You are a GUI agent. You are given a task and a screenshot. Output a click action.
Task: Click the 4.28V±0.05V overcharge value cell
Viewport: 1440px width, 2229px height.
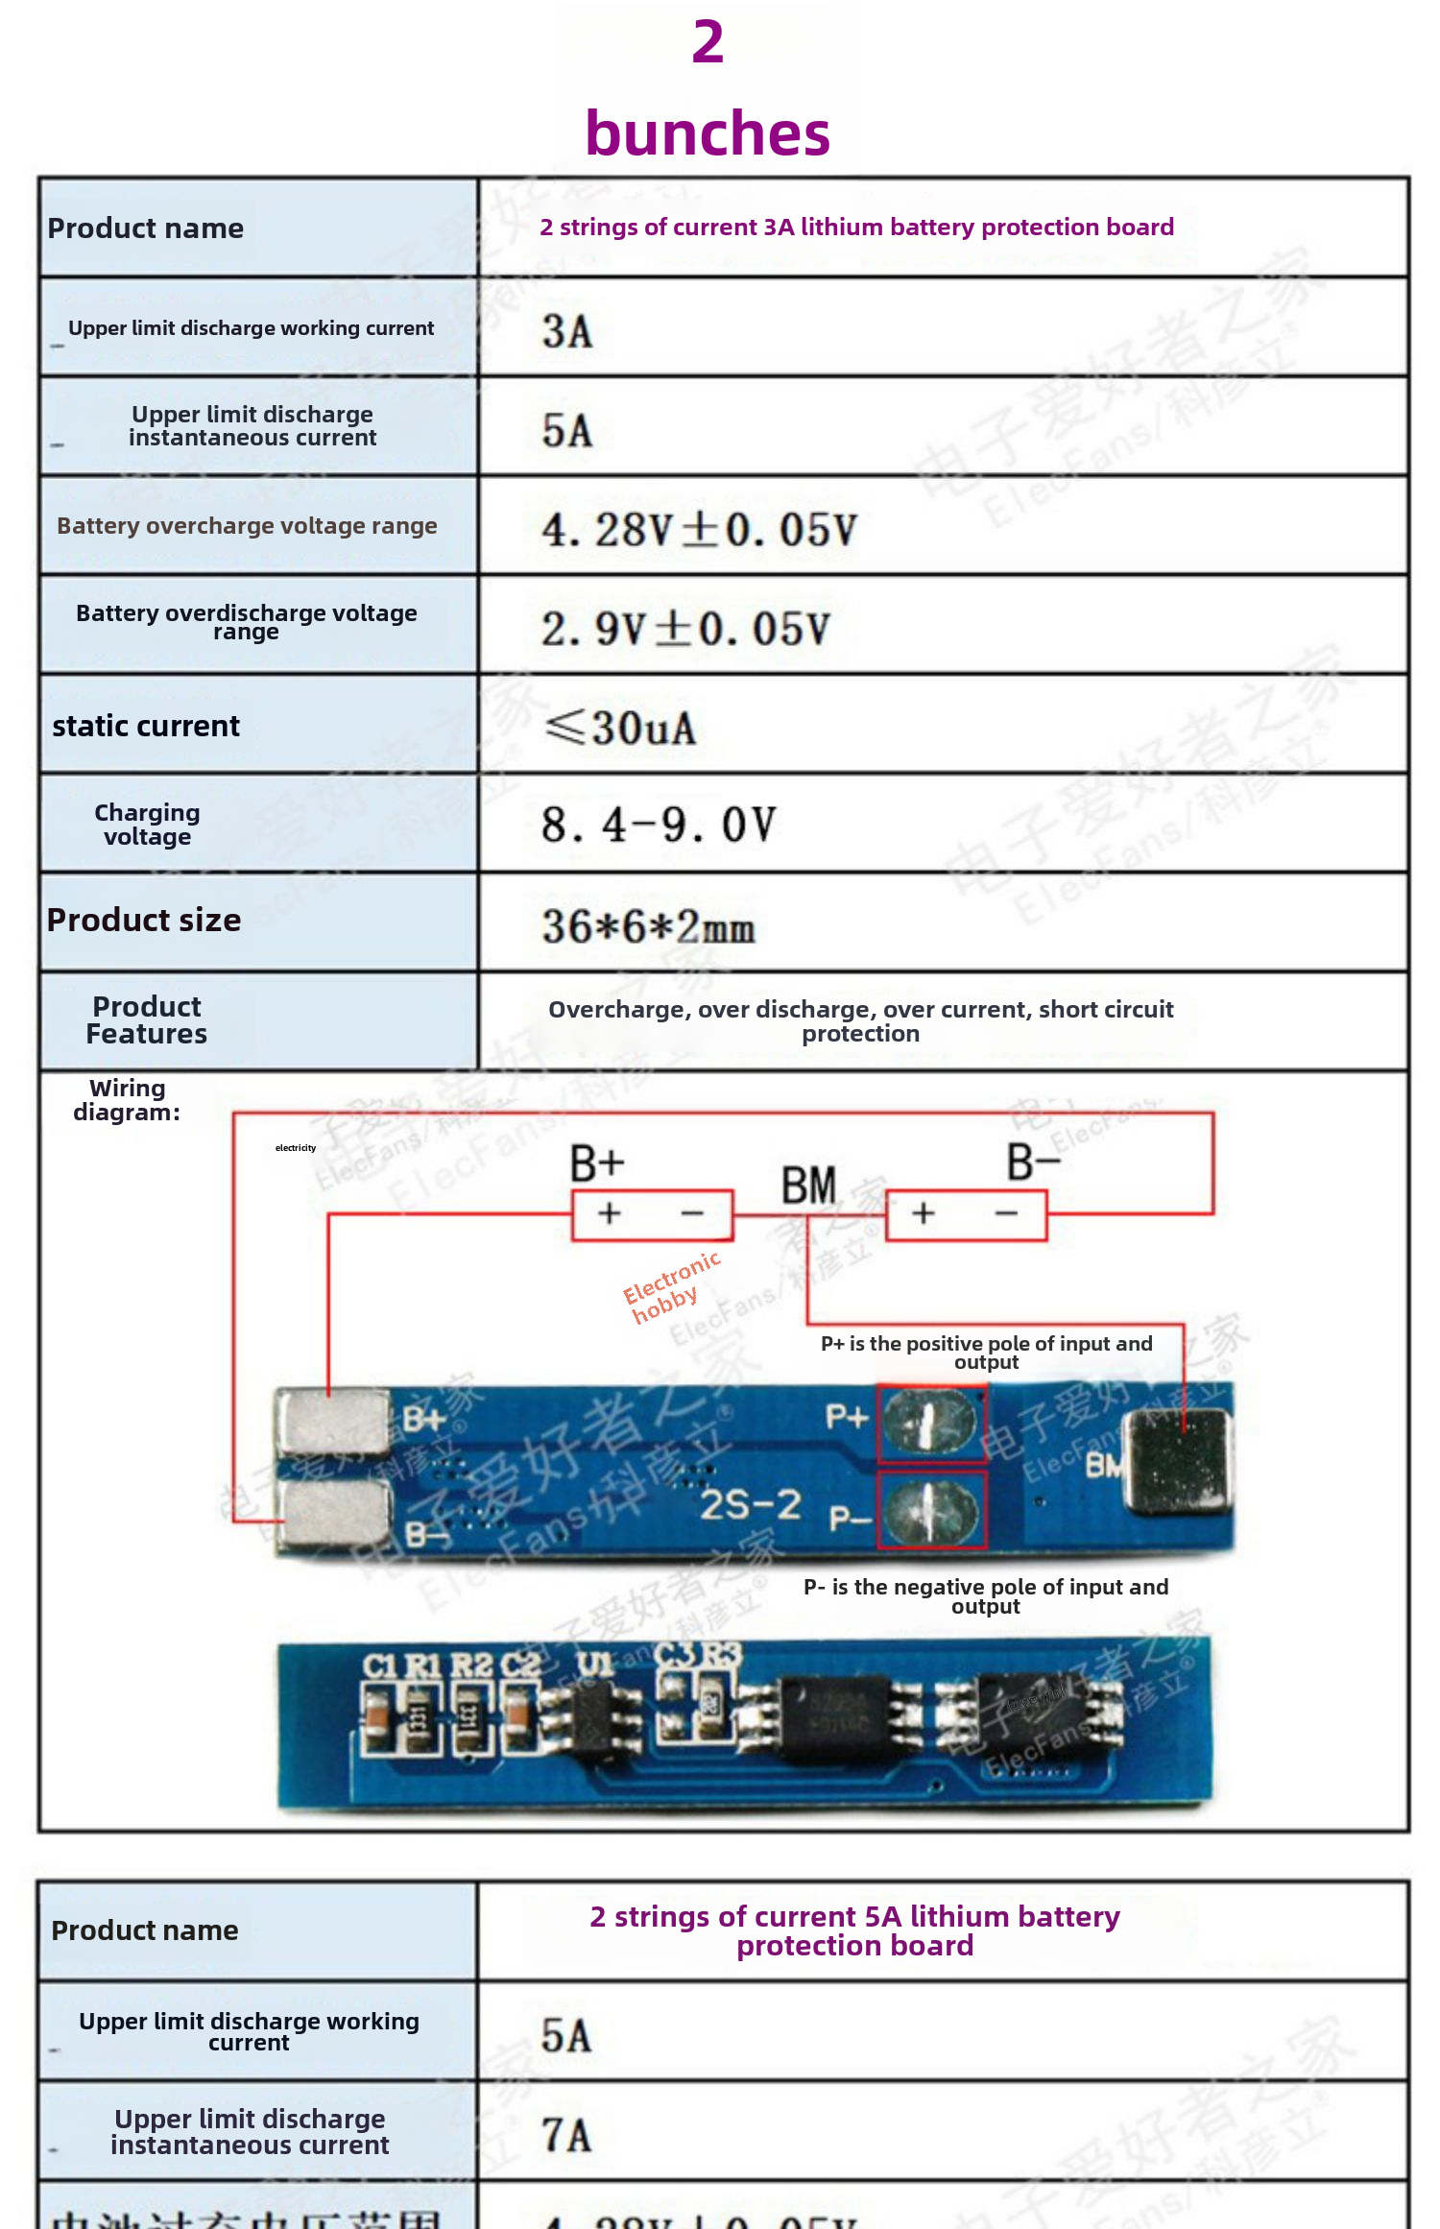(x=699, y=530)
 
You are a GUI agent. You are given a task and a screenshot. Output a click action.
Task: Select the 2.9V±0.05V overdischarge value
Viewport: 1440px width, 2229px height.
(x=685, y=630)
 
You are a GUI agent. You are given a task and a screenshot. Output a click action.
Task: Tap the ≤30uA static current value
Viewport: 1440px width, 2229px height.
(x=620, y=728)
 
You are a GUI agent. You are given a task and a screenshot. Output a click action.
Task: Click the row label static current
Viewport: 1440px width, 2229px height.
(x=146, y=726)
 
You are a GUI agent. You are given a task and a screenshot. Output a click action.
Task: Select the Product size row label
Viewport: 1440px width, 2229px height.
(x=144, y=920)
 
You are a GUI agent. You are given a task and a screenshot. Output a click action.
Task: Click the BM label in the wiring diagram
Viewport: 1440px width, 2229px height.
(x=808, y=1186)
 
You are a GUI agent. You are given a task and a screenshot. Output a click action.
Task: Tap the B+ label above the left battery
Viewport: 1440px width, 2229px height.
(x=596, y=1163)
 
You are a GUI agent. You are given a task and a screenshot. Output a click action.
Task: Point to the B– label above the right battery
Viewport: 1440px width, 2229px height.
(x=1033, y=1162)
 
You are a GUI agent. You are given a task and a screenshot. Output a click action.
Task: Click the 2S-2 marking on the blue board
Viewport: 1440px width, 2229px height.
(x=750, y=1504)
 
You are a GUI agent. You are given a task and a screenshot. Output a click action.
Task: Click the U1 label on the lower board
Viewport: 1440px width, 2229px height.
(x=594, y=1664)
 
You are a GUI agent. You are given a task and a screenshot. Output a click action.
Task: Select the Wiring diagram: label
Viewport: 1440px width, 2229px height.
(x=127, y=1100)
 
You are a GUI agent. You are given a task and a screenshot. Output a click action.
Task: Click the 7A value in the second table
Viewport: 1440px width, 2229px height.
(x=566, y=2135)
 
